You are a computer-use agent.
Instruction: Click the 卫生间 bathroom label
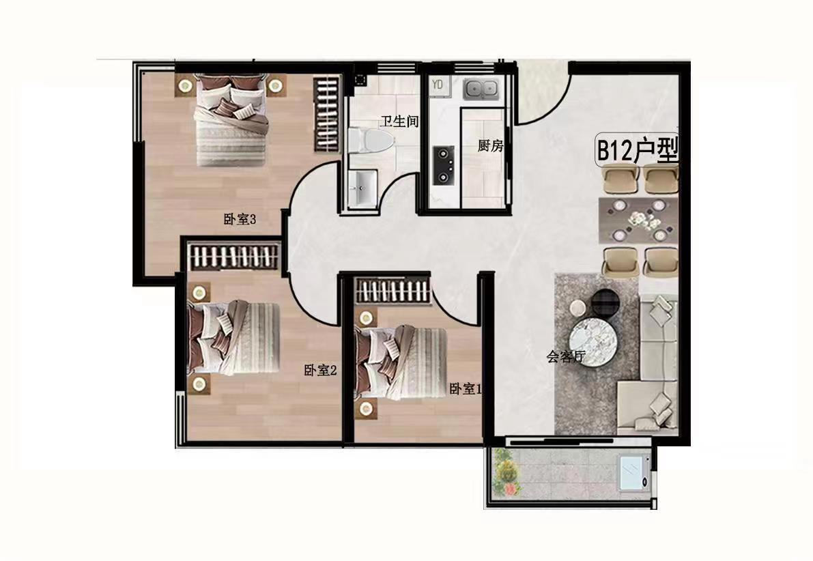coord(399,122)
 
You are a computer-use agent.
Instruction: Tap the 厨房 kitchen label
coord(491,145)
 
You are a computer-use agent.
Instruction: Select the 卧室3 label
coord(240,219)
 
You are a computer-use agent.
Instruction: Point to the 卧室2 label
coord(320,370)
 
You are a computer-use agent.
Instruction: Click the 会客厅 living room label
coord(566,356)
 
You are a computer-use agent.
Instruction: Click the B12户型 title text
coord(638,151)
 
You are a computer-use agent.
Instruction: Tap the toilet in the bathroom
coord(371,141)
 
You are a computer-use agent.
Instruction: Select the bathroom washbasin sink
coord(362,188)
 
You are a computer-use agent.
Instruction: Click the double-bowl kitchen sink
coord(481,89)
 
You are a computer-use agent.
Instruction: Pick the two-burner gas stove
coord(444,165)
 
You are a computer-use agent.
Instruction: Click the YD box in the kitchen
coord(438,85)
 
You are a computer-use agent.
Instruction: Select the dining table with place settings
coord(638,220)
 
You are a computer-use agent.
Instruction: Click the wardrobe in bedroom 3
coord(328,113)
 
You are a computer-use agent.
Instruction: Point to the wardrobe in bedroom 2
coord(234,257)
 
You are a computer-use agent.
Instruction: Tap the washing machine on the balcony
coord(633,472)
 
